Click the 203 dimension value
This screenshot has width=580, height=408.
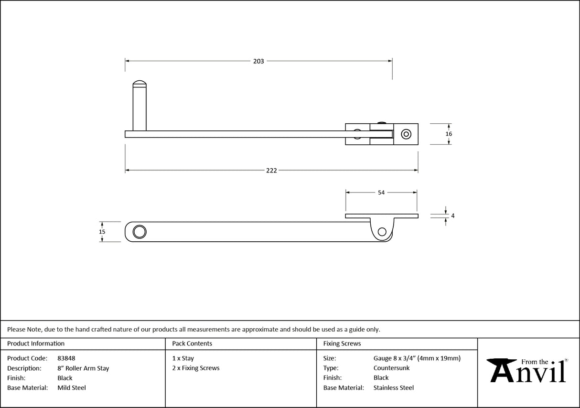coord(258,61)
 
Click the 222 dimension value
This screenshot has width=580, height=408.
coord(271,171)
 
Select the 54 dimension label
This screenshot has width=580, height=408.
coord(381,193)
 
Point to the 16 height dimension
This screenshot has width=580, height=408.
coord(449,134)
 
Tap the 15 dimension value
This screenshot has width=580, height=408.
coord(102,232)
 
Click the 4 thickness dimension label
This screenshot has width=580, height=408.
coord(452,216)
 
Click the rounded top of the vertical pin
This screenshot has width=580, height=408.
coord(140,84)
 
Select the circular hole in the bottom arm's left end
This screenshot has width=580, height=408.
coord(140,232)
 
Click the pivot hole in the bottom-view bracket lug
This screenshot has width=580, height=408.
coord(382,232)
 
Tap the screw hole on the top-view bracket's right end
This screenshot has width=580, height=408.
coord(406,134)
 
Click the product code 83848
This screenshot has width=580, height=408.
coord(66,358)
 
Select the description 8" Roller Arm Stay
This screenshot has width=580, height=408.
coord(83,368)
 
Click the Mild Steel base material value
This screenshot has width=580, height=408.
coord(72,388)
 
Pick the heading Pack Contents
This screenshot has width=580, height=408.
coord(192,344)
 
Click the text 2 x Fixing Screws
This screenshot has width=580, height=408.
coord(196,368)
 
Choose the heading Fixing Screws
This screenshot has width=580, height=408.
coord(342,344)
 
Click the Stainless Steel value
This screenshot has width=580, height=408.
coord(394,388)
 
